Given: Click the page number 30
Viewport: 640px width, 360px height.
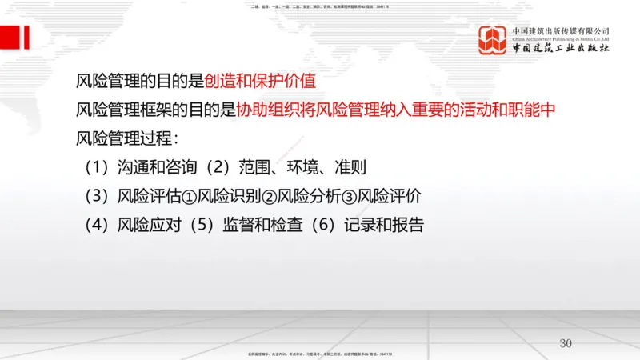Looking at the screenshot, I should pyautogui.click(x=566, y=343).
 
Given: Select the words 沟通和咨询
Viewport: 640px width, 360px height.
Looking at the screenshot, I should pyautogui.click(x=157, y=168).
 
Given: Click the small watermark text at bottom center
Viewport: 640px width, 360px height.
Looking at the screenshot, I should pyautogui.click(x=320, y=353).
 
